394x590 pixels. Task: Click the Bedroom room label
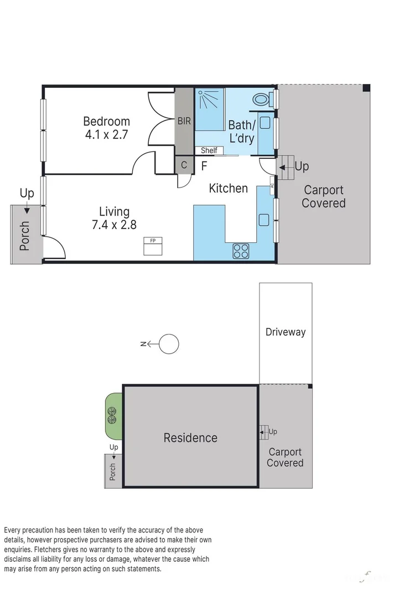click(x=106, y=121)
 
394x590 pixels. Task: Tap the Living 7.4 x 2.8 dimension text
click(x=114, y=224)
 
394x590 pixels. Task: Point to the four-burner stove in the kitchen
click(x=241, y=251)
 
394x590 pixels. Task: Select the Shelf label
click(x=209, y=150)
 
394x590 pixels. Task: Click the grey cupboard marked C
click(x=184, y=165)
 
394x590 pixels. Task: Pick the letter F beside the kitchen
click(x=204, y=165)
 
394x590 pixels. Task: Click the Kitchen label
click(x=228, y=188)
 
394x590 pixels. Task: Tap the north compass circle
click(x=169, y=344)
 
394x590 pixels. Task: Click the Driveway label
click(x=285, y=332)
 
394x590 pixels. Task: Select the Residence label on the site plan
click(x=190, y=438)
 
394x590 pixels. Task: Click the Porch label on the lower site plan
click(x=113, y=471)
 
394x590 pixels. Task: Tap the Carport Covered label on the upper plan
click(x=323, y=196)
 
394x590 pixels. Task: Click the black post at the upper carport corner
click(x=366, y=87)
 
